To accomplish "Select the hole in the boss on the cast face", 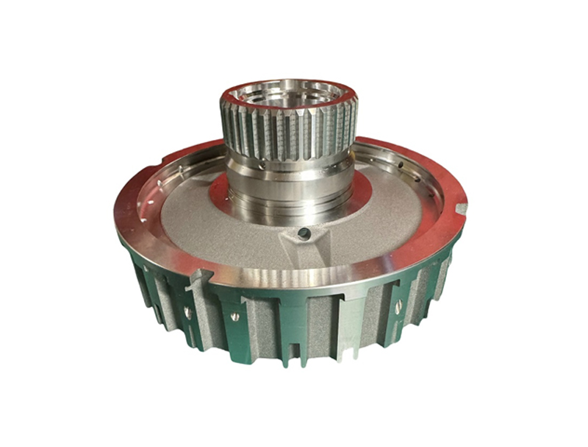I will click(302, 233).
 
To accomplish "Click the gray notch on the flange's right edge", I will click(461, 209).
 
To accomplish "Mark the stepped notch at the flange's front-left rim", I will click(200, 278).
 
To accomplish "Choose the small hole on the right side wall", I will click(398, 307).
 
